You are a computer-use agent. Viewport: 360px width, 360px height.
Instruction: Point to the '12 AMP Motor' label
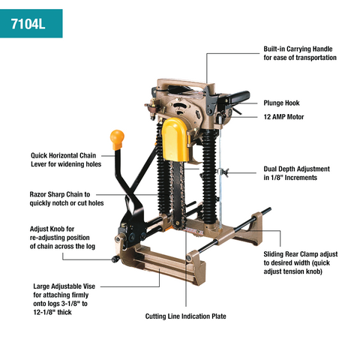tap(288, 118)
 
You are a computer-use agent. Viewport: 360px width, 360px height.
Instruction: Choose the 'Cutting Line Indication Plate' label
tap(185, 316)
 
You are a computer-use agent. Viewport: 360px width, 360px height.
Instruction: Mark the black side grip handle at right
tap(238, 97)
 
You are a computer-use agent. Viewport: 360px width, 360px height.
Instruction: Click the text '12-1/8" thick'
tap(57, 311)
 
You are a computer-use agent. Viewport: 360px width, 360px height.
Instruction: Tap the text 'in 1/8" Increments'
tap(295, 178)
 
